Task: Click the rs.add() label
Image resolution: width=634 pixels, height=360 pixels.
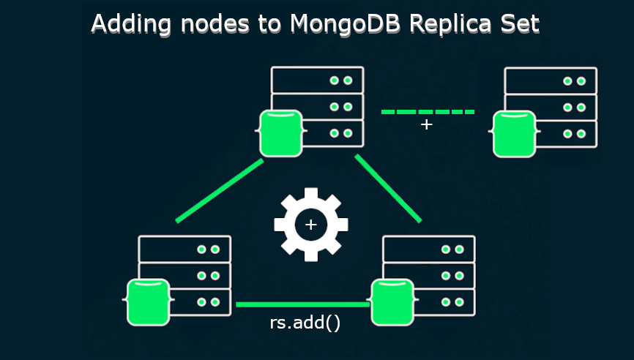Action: (x=305, y=323)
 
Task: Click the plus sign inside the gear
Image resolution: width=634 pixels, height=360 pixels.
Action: (x=311, y=225)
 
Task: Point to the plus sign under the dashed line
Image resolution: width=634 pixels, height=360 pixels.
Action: (x=426, y=125)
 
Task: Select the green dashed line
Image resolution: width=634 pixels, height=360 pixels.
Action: (x=428, y=112)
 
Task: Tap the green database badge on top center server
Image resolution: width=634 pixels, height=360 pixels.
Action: (x=281, y=134)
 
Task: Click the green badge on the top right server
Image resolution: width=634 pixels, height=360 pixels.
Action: (x=515, y=135)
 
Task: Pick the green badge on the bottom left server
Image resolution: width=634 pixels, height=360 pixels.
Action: (x=149, y=302)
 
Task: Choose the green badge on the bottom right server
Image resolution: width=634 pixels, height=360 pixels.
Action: (x=393, y=302)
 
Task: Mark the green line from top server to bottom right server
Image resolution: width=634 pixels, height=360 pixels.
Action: (x=388, y=188)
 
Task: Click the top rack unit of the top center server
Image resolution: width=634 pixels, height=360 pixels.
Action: (x=317, y=80)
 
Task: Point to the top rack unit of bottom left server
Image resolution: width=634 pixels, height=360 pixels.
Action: (x=184, y=249)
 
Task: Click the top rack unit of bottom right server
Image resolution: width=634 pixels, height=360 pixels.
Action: (x=428, y=249)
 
